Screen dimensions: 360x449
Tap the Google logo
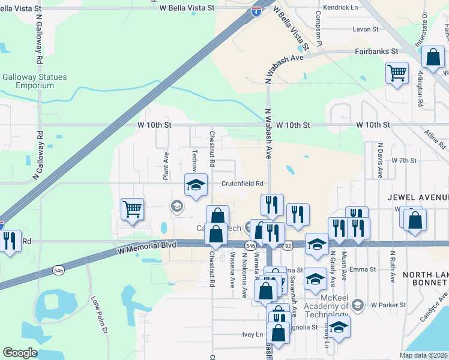point(20,353)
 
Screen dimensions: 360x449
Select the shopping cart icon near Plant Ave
point(132,209)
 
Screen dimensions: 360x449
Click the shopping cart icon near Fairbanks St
point(397,73)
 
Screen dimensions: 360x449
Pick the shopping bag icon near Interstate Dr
point(433,58)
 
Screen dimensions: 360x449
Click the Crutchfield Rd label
point(243,184)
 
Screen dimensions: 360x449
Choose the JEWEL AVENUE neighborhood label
point(418,197)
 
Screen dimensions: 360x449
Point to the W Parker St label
point(388,305)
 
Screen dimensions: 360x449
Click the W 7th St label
point(403,161)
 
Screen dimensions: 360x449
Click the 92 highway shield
point(288,245)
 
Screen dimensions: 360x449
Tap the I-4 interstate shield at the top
point(256,11)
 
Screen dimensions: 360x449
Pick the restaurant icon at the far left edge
point(10,241)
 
